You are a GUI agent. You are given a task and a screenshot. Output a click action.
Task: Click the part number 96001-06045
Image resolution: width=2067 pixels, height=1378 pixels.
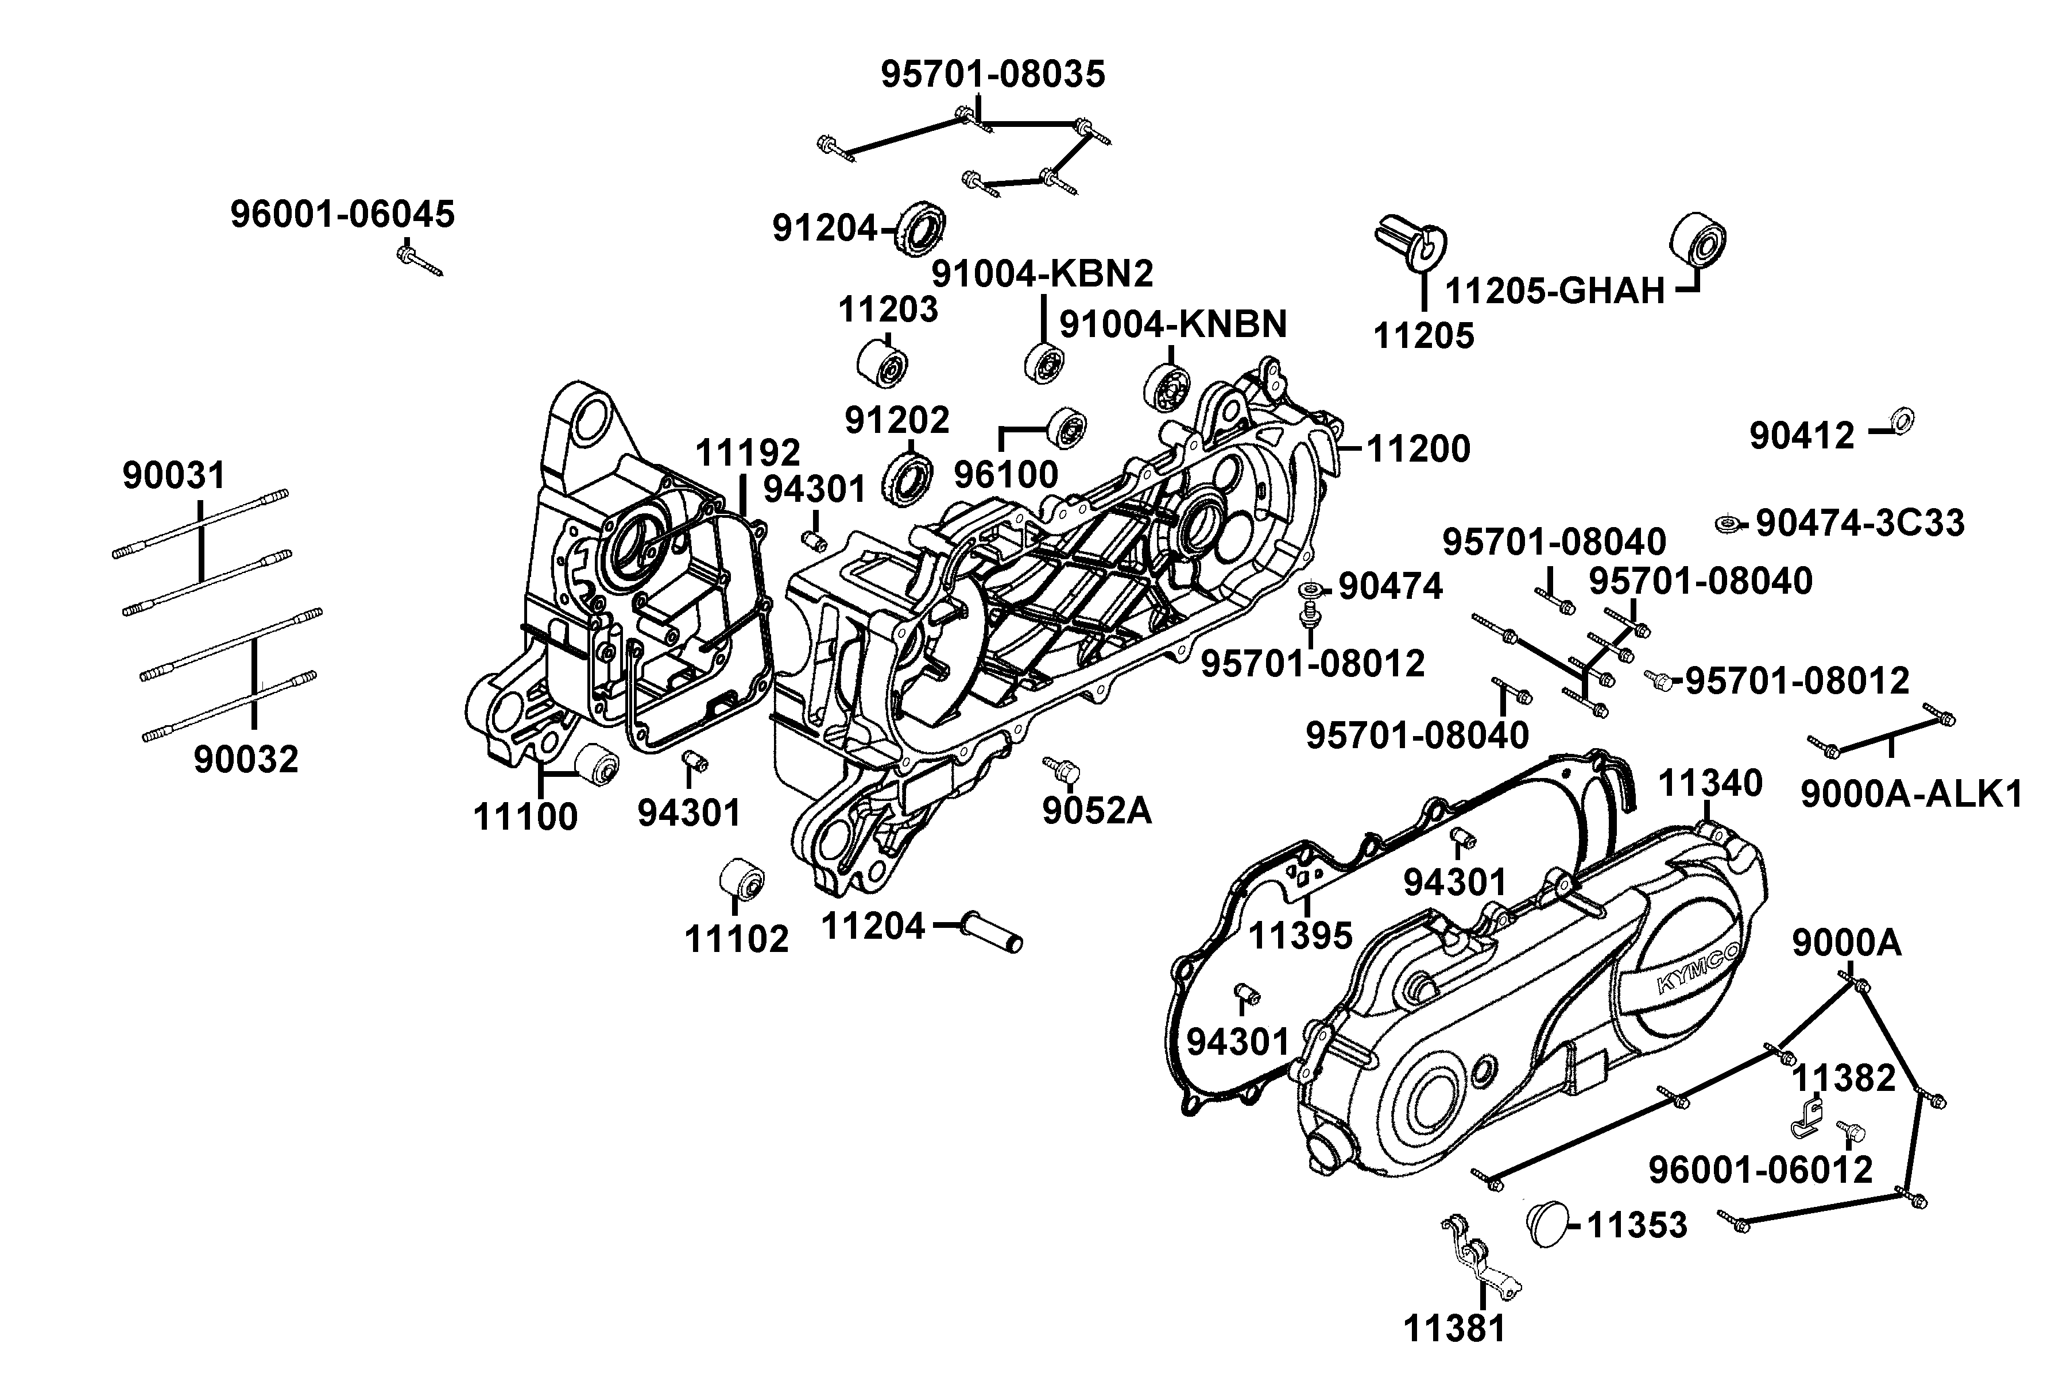[x=343, y=214]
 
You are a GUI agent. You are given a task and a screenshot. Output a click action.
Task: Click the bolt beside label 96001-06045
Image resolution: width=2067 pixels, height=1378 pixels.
[x=419, y=262]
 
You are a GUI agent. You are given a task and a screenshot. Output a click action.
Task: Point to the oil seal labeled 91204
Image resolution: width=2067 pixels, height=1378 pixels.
[x=921, y=229]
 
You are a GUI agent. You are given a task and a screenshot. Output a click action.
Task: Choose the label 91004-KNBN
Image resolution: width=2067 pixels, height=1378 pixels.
[x=1172, y=324]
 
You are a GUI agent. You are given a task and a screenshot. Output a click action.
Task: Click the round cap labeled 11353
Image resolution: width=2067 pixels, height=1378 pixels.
[x=1549, y=1222]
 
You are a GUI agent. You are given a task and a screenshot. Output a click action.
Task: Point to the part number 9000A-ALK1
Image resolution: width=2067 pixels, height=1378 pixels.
[x=1911, y=795]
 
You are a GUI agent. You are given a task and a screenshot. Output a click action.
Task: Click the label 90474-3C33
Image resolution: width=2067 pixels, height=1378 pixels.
[x=1860, y=523]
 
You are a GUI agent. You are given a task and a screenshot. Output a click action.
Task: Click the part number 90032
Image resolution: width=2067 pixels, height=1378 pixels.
[x=246, y=758]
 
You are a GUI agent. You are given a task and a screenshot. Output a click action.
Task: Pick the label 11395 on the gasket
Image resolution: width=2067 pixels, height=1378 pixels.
[x=1300, y=935]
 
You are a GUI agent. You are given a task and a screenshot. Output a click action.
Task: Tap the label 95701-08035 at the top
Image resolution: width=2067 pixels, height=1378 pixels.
[x=993, y=75]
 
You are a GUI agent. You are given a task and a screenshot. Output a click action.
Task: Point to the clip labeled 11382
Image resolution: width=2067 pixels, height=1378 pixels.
[x=1807, y=1116]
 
